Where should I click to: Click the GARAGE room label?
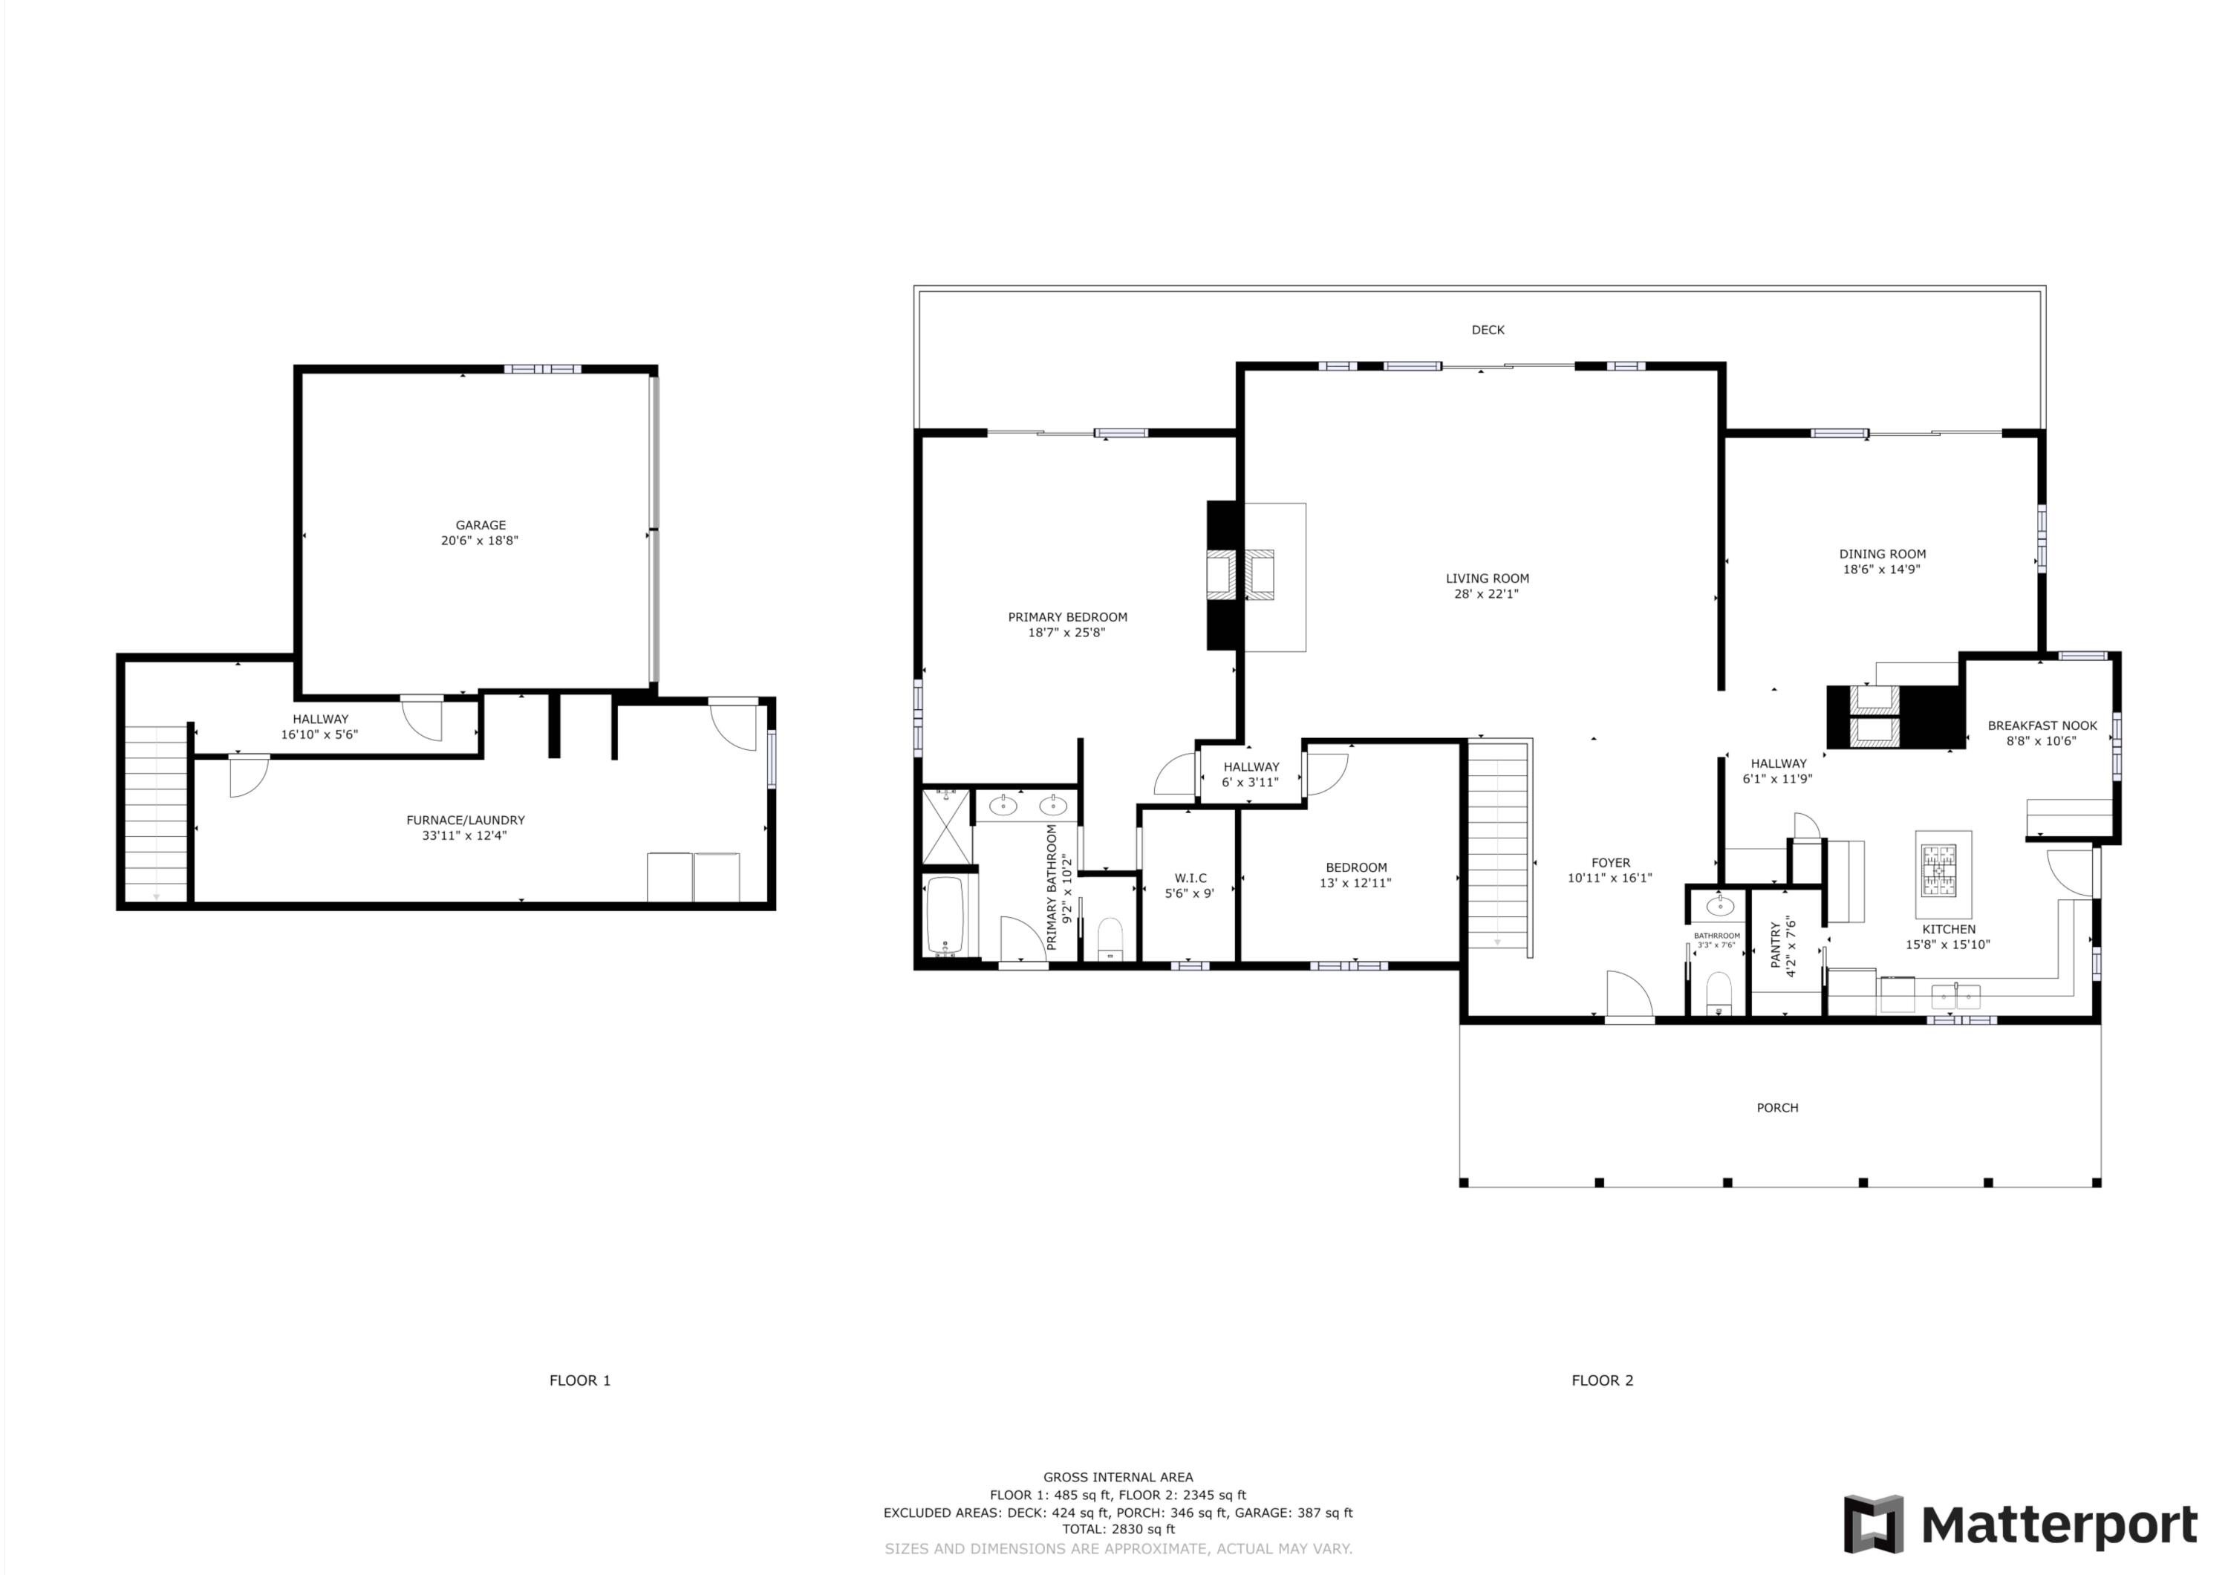(481, 525)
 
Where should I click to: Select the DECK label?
(1487, 330)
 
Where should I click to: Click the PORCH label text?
(1776, 1107)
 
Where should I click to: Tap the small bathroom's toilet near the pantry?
(1719, 992)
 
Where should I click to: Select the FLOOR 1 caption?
(579, 1380)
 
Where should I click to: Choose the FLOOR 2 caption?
(1602, 1380)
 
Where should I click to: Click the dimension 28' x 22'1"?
(1485, 594)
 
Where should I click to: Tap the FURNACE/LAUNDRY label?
(465, 820)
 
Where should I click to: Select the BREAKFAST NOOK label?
(2042, 725)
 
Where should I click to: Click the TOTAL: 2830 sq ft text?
(1118, 1528)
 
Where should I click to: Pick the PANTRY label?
(1776, 945)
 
